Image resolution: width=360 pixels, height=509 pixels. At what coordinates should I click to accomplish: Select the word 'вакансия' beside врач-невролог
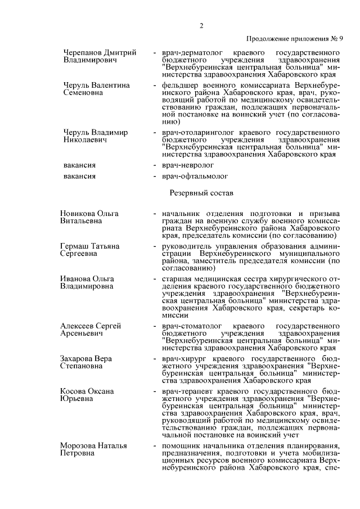point(79,165)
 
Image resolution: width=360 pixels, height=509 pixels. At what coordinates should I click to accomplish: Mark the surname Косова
point(74,391)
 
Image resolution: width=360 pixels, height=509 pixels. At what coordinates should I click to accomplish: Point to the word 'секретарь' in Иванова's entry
point(302,308)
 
